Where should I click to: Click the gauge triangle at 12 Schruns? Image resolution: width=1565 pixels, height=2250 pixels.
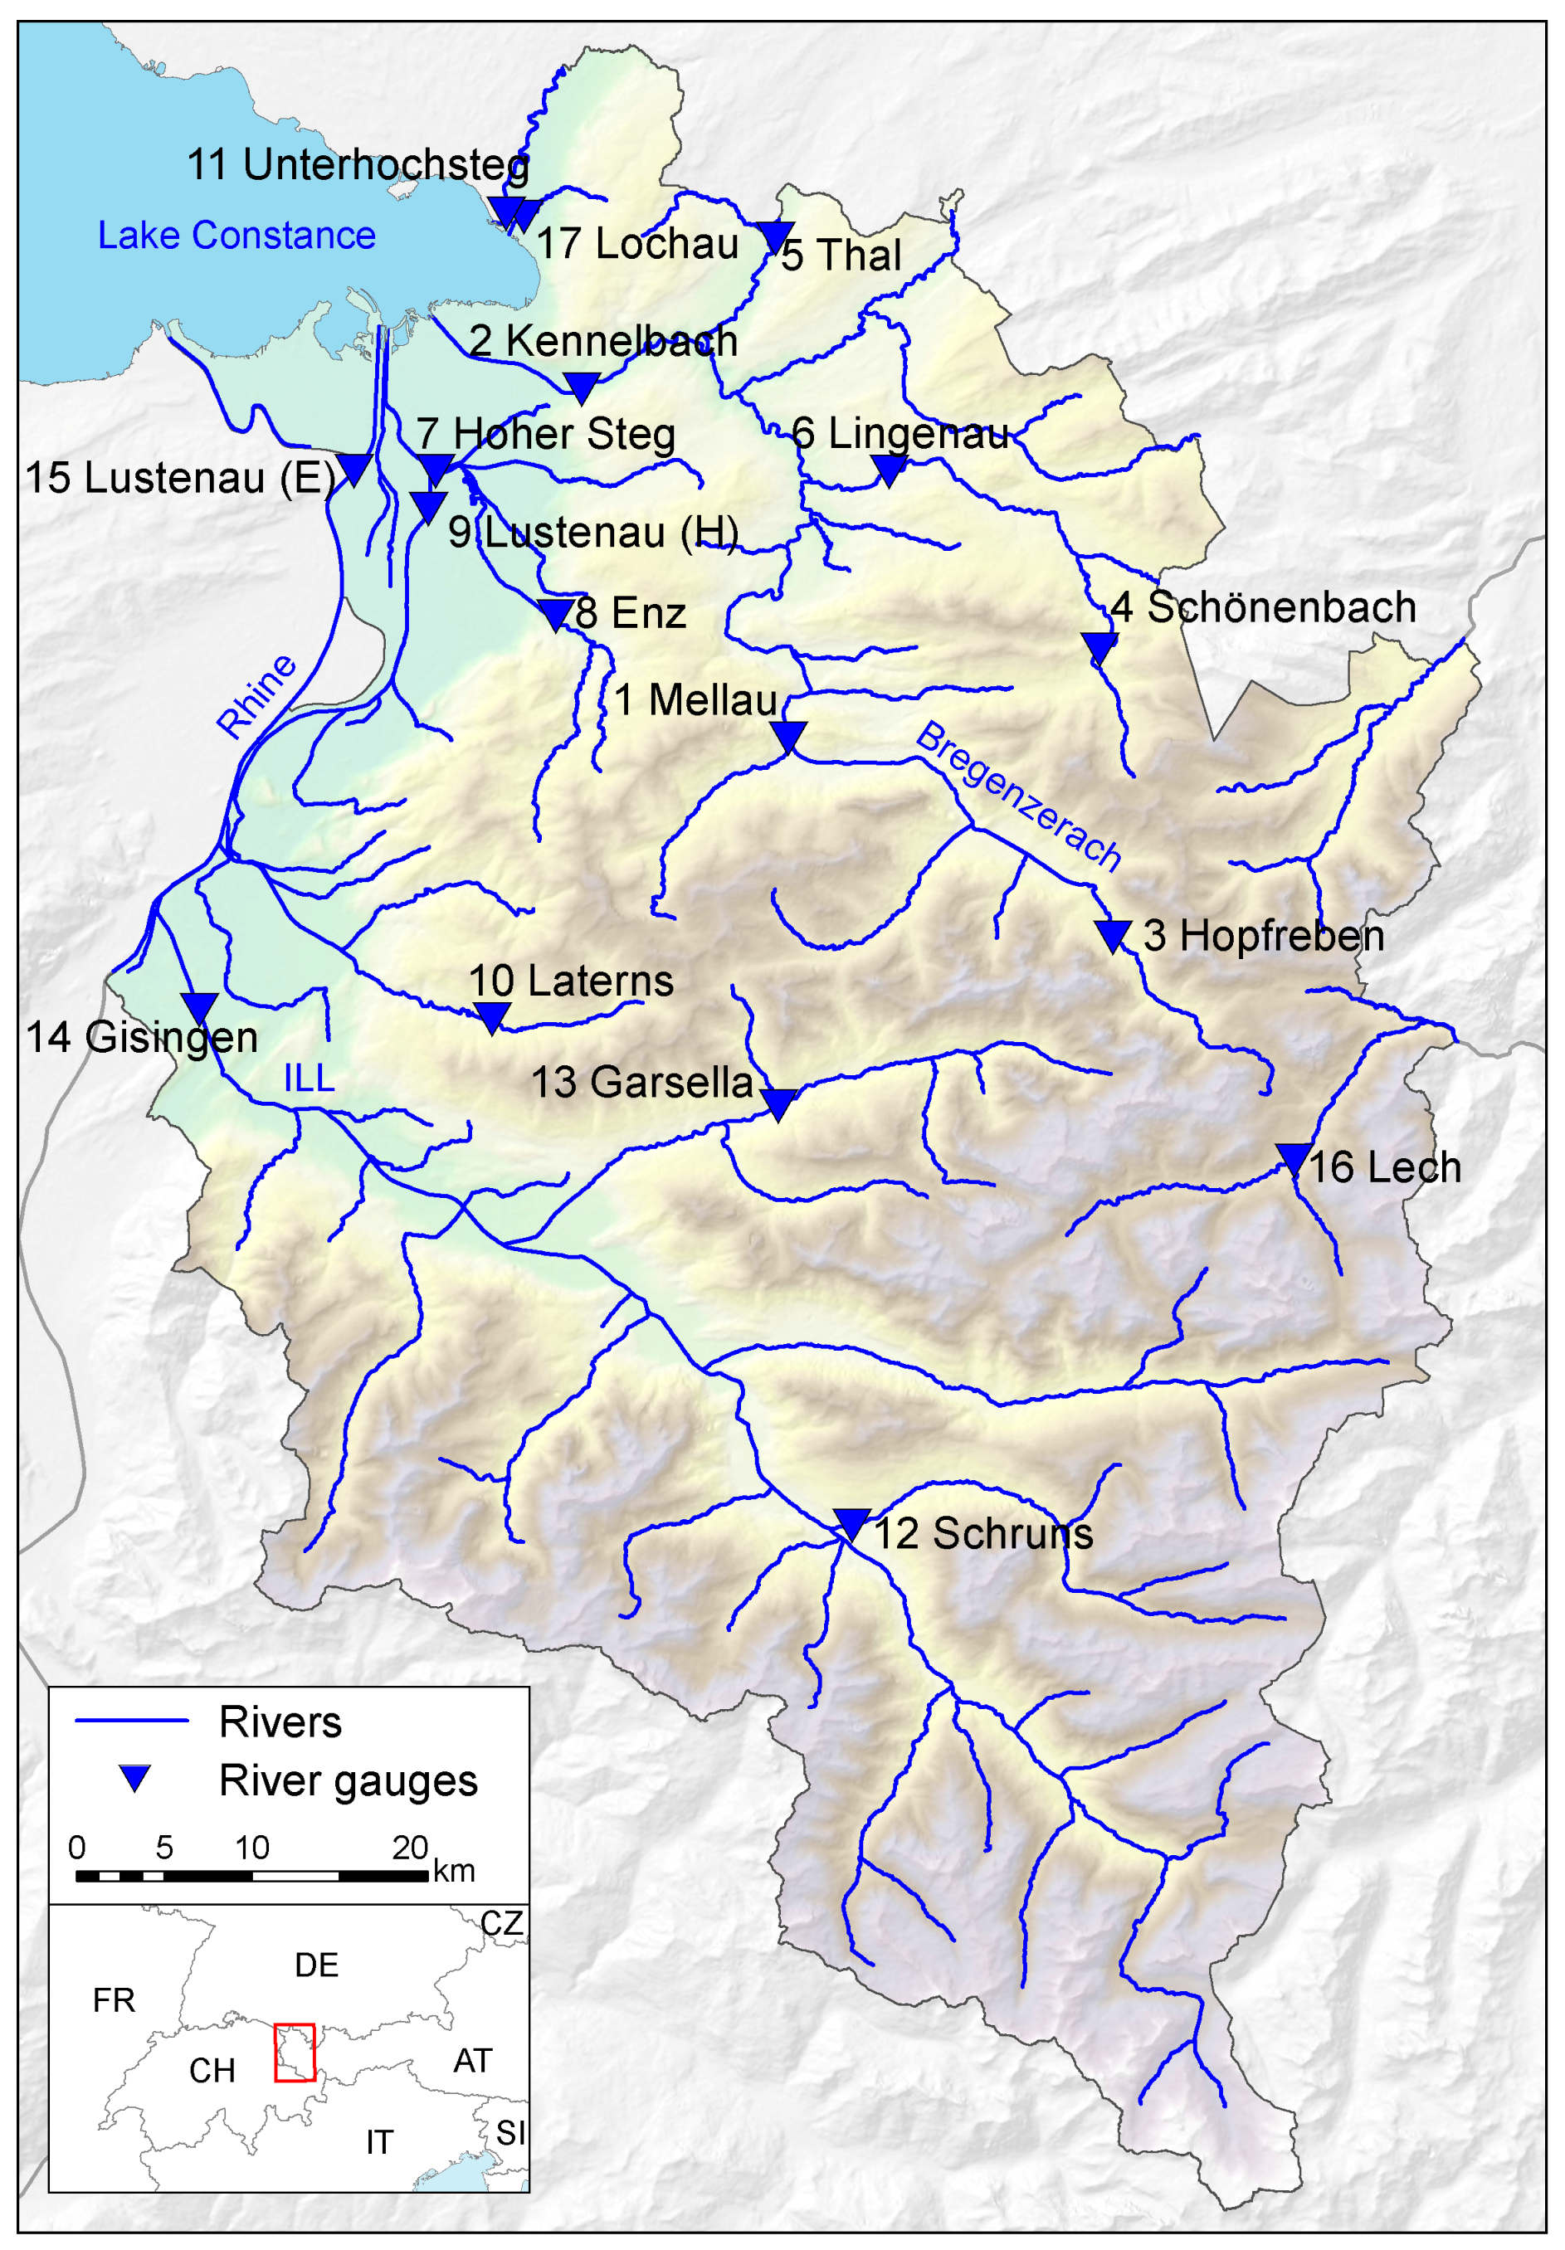pyautogui.click(x=851, y=1521)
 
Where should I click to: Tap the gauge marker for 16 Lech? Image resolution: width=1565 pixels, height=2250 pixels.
pyautogui.click(x=1293, y=1157)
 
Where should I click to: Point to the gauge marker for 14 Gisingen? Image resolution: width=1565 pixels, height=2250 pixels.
pyautogui.click(x=199, y=1006)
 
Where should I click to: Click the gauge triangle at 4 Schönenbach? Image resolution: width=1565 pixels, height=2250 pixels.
pyautogui.click(x=1099, y=645)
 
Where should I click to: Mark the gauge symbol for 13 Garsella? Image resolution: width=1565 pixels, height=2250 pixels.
pyautogui.click(x=778, y=1102)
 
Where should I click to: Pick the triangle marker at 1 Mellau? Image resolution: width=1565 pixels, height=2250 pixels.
pyautogui.click(x=787, y=734)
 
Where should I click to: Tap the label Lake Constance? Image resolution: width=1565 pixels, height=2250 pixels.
pyautogui.click(x=236, y=235)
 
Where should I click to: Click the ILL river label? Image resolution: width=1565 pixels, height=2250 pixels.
pyautogui.click(x=309, y=1078)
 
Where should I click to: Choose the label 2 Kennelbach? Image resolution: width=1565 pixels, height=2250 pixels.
pyautogui.click(x=602, y=341)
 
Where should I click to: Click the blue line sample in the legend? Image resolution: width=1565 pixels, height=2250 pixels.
pyautogui.click(x=131, y=1720)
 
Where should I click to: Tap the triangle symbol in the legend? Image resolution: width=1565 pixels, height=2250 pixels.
pyautogui.click(x=134, y=1775)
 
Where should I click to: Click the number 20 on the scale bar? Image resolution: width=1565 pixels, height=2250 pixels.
pyautogui.click(x=410, y=1848)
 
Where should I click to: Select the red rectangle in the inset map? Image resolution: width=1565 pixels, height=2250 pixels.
pyautogui.click(x=294, y=2052)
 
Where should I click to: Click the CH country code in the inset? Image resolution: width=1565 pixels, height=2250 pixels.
pyautogui.click(x=212, y=2071)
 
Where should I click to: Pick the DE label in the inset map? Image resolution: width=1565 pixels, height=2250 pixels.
pyautogui.click(x=315, y=1965)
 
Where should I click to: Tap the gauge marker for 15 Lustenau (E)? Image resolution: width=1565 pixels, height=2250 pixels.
pyautogui.click(x=353, y=467)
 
